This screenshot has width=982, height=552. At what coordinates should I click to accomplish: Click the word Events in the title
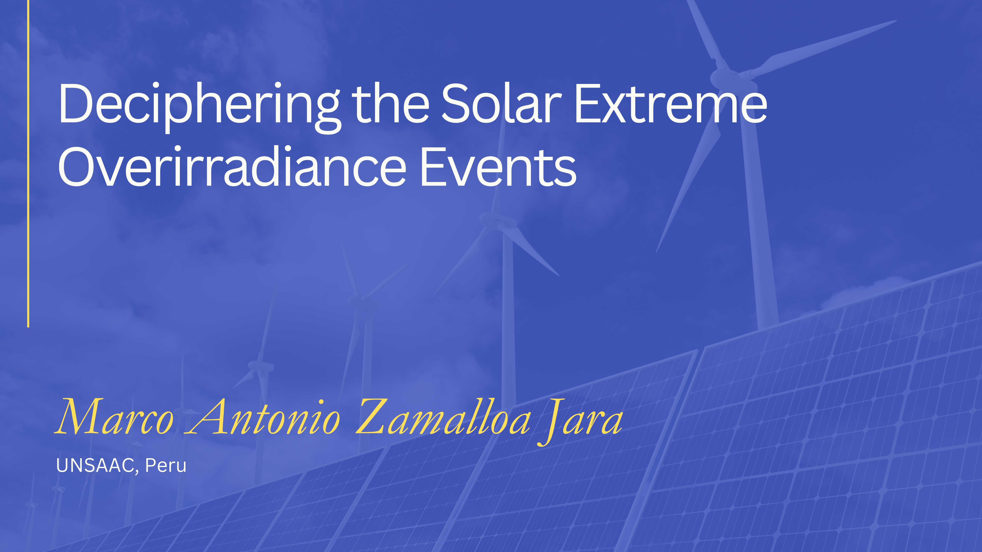pos(498,167)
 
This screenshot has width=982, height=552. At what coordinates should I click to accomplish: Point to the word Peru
pos(166,465)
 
